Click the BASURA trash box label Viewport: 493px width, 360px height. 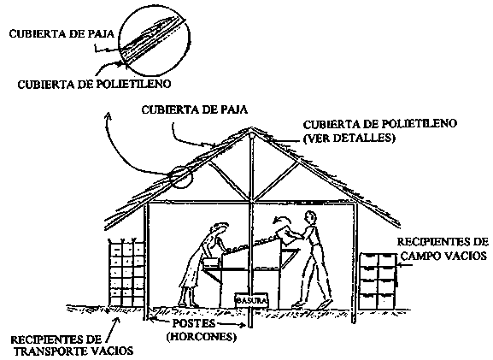point(251,300)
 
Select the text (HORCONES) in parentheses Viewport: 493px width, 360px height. point(202,338)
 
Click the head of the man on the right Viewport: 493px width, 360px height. point(310,217)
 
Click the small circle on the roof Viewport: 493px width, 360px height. point(180,177)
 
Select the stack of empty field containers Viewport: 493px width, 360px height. point(379,280)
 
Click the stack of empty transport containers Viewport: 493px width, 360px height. point(126,273)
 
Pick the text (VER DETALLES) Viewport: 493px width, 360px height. point(349,138)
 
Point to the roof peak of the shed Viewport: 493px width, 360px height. point(251,127)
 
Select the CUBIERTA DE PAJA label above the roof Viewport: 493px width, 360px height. point(194,109)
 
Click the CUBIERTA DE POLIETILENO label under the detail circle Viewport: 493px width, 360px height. point(94,84)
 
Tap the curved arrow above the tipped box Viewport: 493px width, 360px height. point(282,219)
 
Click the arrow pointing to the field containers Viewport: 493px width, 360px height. point(406,265)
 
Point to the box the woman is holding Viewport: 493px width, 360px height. point(211,263)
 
